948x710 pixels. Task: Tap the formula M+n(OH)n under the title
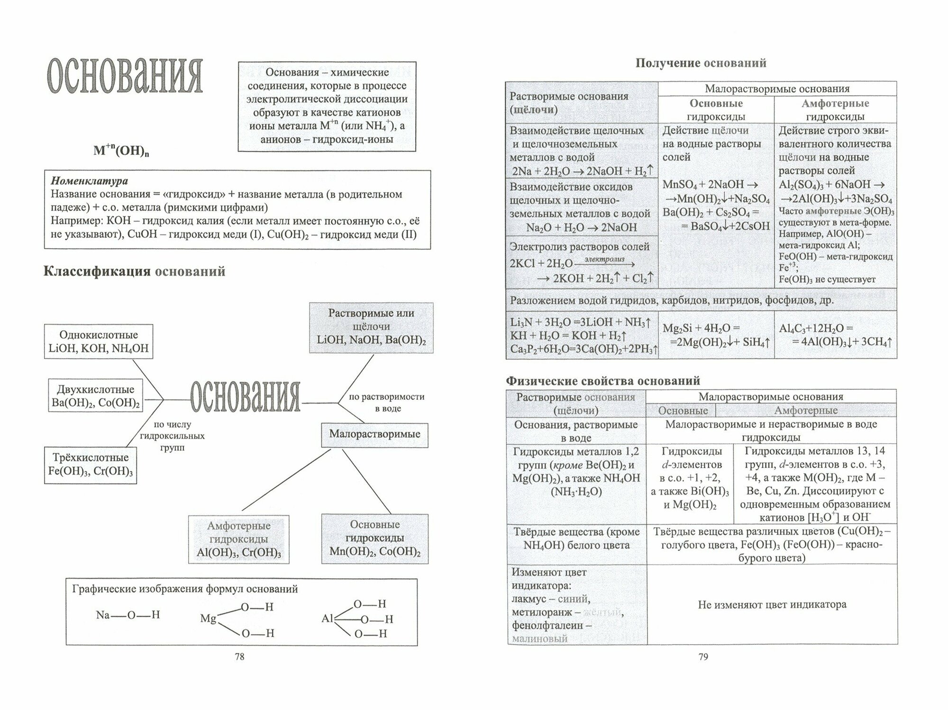tap(121, 151)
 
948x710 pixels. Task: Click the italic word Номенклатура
tap(89, 180)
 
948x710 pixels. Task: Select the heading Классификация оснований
tap(134, 271)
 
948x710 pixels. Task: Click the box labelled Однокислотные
tap(99, 342)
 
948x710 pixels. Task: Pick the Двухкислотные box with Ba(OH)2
tap(95, 396)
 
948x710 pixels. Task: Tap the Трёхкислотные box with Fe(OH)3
tap(91, 465)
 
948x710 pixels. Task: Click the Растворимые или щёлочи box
tap(371, 327)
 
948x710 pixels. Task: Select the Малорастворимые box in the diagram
tap(374, 434)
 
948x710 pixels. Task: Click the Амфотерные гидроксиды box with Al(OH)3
tap(239, 539)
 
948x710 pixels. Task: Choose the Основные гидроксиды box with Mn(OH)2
tap(374, 538)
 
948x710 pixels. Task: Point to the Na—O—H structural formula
tap(128, 615)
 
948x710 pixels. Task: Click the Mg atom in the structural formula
tap(208, 619)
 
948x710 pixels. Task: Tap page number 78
tap(239, 656)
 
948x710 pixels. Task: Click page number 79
tap(703, 656)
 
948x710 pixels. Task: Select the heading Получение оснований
tap(701, 63)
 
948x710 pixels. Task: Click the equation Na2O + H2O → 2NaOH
tap(582, 227)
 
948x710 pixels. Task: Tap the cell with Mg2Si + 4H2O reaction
tap(716, 334)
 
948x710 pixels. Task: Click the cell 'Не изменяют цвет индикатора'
tap(772, 604)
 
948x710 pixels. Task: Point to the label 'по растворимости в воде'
tap(386, 402)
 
